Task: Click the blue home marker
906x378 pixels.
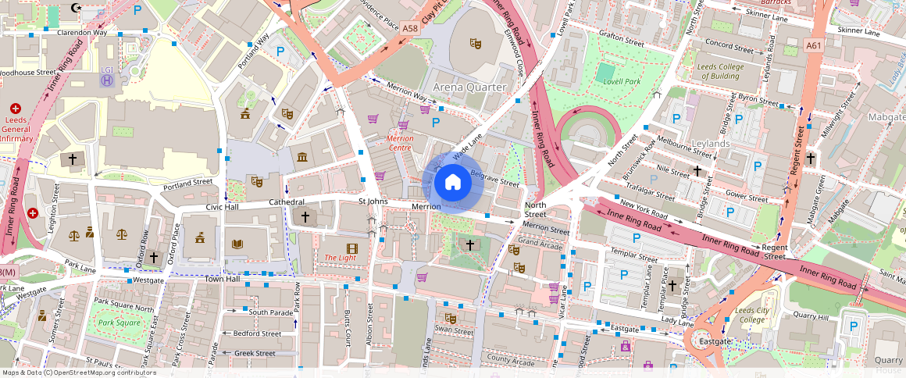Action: coord(452,183)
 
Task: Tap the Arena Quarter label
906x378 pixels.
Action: coord(469,87)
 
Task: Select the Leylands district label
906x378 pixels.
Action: coord(710,144)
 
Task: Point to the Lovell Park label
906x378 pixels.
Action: coord(622,81)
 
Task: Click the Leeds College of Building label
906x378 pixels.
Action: coord(719,72)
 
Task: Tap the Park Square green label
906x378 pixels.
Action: coord(118,323)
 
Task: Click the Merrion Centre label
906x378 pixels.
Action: coord(400,142)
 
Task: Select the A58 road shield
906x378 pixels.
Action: coord(409,27)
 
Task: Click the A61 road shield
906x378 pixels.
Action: coord(814,46)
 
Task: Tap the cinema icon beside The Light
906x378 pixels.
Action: coord(351,248)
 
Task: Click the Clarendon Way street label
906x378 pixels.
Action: coord(76,33)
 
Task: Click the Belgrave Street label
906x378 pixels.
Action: coord(494,180)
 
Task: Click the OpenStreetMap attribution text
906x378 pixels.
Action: coord(79,373)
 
